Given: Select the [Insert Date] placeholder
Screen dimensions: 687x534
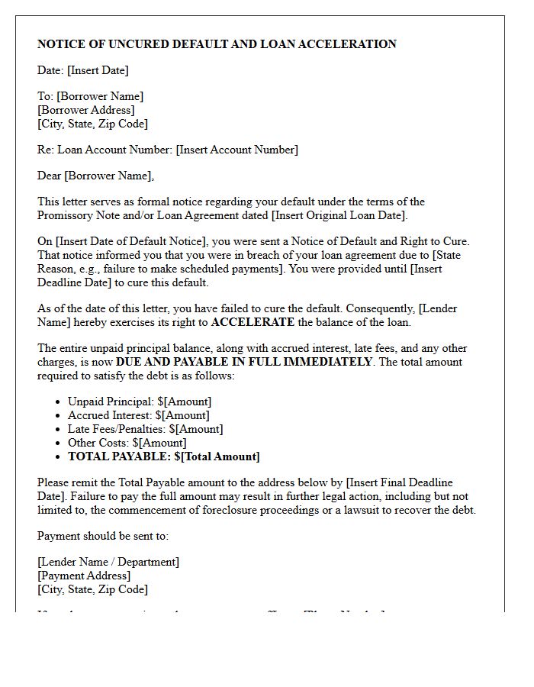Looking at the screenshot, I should click(98, 70).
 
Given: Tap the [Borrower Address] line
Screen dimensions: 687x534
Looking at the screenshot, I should click(86, 110).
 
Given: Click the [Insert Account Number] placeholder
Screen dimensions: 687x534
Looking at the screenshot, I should click(236, 150).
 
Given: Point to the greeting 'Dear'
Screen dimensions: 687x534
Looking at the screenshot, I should click(50, 176).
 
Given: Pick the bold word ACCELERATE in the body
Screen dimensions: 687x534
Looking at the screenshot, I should click(253, 322).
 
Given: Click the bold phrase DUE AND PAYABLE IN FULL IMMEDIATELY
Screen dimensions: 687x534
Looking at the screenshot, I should click(244, 362).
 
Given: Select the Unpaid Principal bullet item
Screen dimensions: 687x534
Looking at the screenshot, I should click(140, 402).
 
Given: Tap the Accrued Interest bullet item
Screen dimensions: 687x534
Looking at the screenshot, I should click(138, 415).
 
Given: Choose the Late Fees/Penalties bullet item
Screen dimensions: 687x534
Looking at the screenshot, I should click(145, 429).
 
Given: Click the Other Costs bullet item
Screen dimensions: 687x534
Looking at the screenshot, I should click(127, 443).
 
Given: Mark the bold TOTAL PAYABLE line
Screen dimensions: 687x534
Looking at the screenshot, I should click(163, 456).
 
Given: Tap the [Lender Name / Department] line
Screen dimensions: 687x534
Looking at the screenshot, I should click(108, 562).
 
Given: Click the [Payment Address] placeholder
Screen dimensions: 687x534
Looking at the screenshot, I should click(84, 576).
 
